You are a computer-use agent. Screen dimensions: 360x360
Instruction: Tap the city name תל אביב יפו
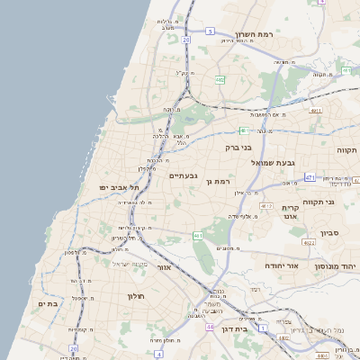pyautogui.click(x=118, y=187)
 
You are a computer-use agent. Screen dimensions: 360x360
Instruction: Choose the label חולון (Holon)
pyautogui.click(x=130, y=296)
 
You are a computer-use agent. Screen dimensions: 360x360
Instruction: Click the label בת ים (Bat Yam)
pyautogui.click(x=49, y=304)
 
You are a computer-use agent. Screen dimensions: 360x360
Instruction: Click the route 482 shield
pyautogui.click(x=220, y=80)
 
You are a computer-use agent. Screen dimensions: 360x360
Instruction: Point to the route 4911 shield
pyautogui.click(x=315, y=110)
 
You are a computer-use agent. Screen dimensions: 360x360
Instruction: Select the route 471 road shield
pyautogui.click(x=310, y=177)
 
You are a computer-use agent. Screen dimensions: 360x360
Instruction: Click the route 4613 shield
pyautogui.click(x=265, y=206)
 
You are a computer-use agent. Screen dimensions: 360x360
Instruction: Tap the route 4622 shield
pyautogui.click(x=309, y=242)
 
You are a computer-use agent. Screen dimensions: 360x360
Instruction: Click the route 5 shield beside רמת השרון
pyautogui.click(x=210, y=31)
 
